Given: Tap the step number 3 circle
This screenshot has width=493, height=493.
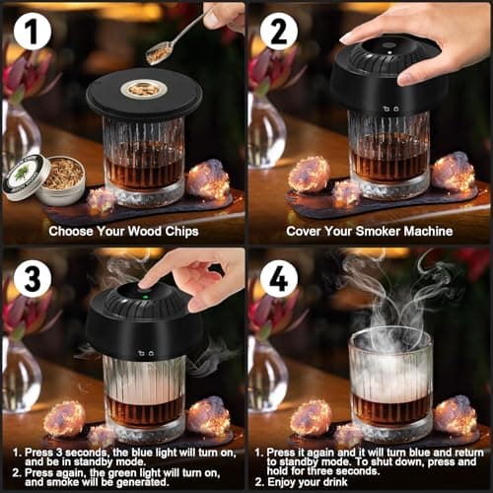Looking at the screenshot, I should coord(33,279).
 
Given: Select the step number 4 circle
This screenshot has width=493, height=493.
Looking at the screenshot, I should coord(278,279).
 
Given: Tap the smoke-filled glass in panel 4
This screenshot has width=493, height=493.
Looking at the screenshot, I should coord(390,380).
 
